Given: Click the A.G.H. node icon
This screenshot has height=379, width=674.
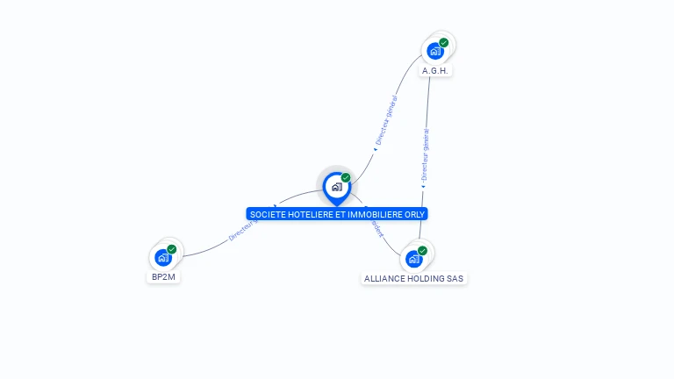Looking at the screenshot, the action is click(434, 51).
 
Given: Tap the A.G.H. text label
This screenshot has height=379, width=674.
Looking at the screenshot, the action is click(436, 70).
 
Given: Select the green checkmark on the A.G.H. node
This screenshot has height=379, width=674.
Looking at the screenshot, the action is click(444, 42).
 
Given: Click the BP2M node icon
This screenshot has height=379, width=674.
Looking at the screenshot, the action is click(162, 258).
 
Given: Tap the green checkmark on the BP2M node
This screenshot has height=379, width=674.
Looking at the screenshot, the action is click(172, 249).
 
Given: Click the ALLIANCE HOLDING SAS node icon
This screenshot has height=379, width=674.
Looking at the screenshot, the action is click(413, 260).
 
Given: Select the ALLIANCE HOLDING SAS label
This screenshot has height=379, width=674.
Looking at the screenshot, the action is click(413, 279).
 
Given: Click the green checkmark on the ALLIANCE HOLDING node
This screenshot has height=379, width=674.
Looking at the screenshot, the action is click(423, 251).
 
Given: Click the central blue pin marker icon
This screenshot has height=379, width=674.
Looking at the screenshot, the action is click(336, 187).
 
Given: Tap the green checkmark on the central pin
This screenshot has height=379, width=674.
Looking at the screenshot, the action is click(346, 178).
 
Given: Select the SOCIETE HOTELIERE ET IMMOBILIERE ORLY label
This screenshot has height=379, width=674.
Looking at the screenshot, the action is click(338, 214).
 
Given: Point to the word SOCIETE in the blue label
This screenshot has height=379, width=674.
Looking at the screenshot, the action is click(267, 214).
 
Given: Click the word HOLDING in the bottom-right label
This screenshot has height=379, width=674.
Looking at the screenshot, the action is click(425, 279).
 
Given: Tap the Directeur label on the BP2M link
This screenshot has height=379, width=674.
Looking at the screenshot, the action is click(242, 231).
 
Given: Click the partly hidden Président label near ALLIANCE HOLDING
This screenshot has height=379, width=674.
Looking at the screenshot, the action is click(376, 225).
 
